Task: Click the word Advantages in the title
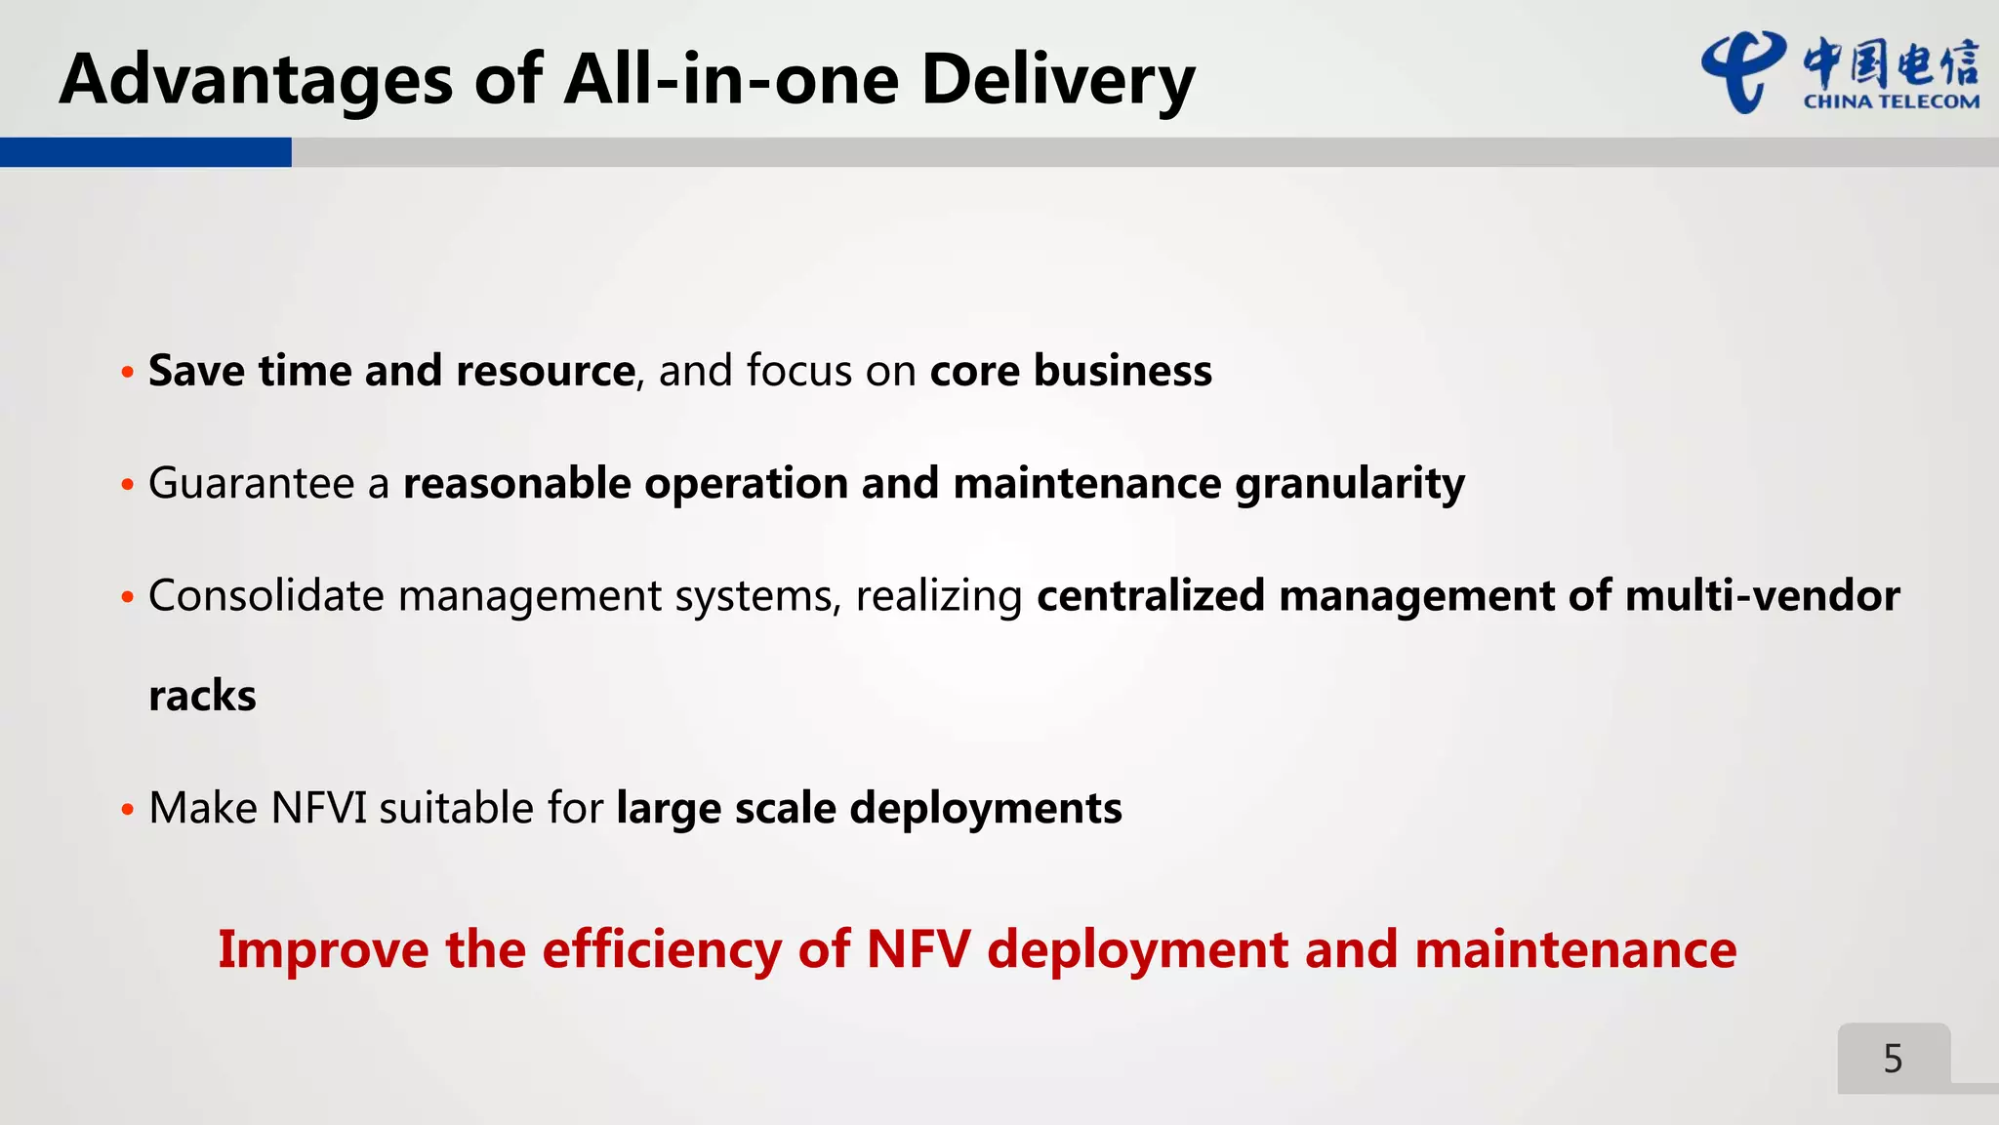point(256,80)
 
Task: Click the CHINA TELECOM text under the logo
point(1891,101)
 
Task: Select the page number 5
point(1893,1059)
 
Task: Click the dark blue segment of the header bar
point(145,152)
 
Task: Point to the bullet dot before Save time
point(127,373)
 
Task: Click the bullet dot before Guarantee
point(127,485)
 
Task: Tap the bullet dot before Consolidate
point(127,597)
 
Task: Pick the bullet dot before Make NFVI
point(127,810)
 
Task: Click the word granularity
point(1349,484)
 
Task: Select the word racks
point(202,697)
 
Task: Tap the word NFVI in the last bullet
point(318,809)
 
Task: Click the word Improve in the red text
point(323,949)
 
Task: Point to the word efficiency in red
point(661,949)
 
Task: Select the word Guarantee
point(251,484)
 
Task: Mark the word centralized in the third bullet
point(1150,595)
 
